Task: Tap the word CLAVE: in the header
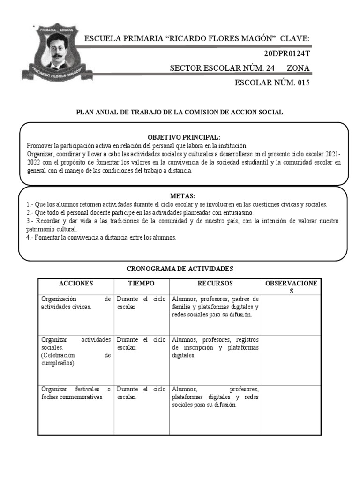pos(295,38)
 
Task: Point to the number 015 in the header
pos(300,83)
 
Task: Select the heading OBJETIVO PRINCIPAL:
pos(184,137)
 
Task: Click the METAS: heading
pos(182,195)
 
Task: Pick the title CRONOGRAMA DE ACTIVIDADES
pos(180,269)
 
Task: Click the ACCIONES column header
pos(76,284)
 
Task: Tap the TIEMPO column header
pos(141,284)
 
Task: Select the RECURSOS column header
pos(215,284)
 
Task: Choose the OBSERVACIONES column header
pos(291,287)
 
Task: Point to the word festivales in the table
pos(87,389)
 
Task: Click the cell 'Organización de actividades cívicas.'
pos(76,303)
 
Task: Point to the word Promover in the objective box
pos(40,145)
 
